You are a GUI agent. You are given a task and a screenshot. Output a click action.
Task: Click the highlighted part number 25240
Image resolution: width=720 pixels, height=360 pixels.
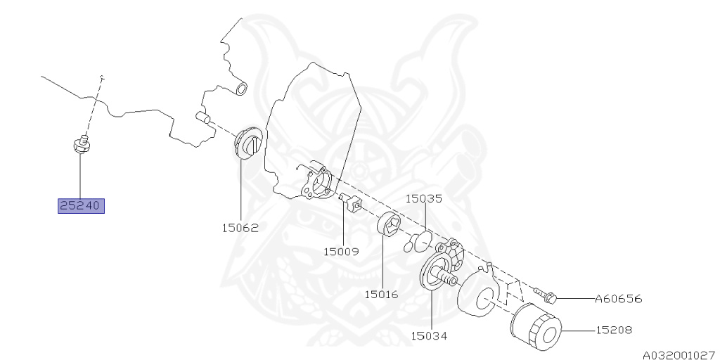[81, 206]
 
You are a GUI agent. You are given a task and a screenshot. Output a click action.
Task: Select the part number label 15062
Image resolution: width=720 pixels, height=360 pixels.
[240, 228]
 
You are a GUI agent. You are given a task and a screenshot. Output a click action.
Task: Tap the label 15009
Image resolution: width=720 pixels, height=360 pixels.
[341, 250]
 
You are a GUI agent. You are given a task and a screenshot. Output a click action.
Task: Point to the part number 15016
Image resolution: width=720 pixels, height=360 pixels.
[380, 294]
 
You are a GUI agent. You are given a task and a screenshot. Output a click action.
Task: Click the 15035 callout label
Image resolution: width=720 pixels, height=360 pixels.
[424, 198]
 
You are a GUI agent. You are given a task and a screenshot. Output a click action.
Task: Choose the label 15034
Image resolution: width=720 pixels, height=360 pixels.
[429, 335]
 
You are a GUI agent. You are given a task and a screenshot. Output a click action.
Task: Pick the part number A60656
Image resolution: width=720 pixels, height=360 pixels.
[619, 299]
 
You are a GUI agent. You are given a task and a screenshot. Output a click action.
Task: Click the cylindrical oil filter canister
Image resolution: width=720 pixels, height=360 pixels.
[534, 328]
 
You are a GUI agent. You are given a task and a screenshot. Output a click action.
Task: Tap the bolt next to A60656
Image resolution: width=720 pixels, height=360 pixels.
[546, 295]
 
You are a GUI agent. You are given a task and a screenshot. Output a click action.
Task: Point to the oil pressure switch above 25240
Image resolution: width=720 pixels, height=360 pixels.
[82, 144]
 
